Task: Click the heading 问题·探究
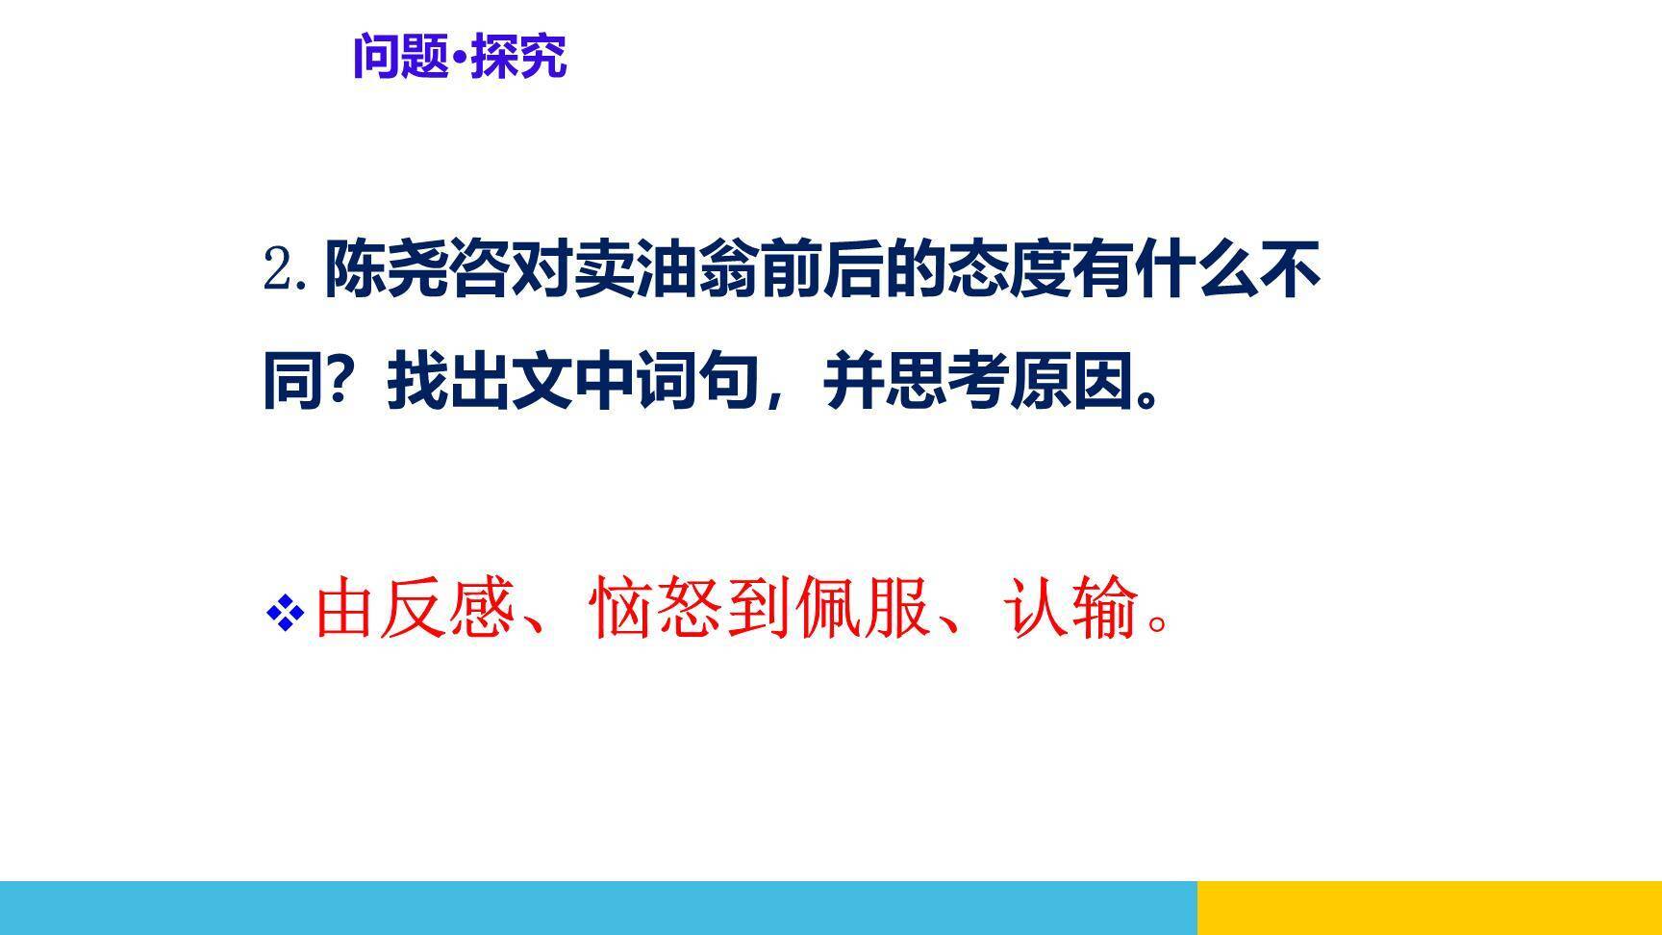460,57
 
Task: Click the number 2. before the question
286,270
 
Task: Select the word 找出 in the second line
447,383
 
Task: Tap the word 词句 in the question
697,383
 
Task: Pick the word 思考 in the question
947,383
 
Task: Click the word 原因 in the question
1070,383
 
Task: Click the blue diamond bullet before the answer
285,613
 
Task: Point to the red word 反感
447,608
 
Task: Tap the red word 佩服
863,608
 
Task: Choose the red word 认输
1070,608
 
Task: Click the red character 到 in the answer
760,608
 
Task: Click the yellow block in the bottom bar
1429,907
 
